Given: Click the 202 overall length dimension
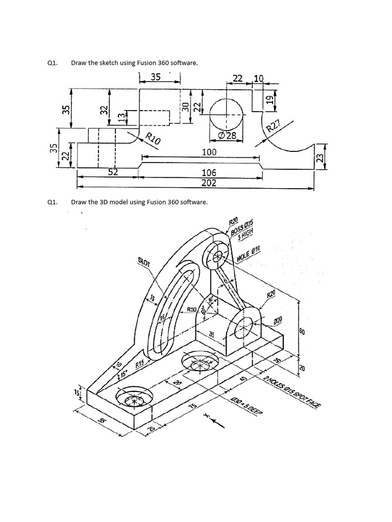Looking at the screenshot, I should coord(209,183).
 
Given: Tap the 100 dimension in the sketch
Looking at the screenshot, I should coord(209,152).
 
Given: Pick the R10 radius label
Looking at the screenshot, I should coord(153,138).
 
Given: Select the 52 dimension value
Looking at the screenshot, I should coord(113,172).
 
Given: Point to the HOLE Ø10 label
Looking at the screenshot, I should coord(249,254).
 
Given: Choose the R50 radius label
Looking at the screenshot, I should coord(192,309).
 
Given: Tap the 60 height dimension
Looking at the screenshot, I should coord(302,332).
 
